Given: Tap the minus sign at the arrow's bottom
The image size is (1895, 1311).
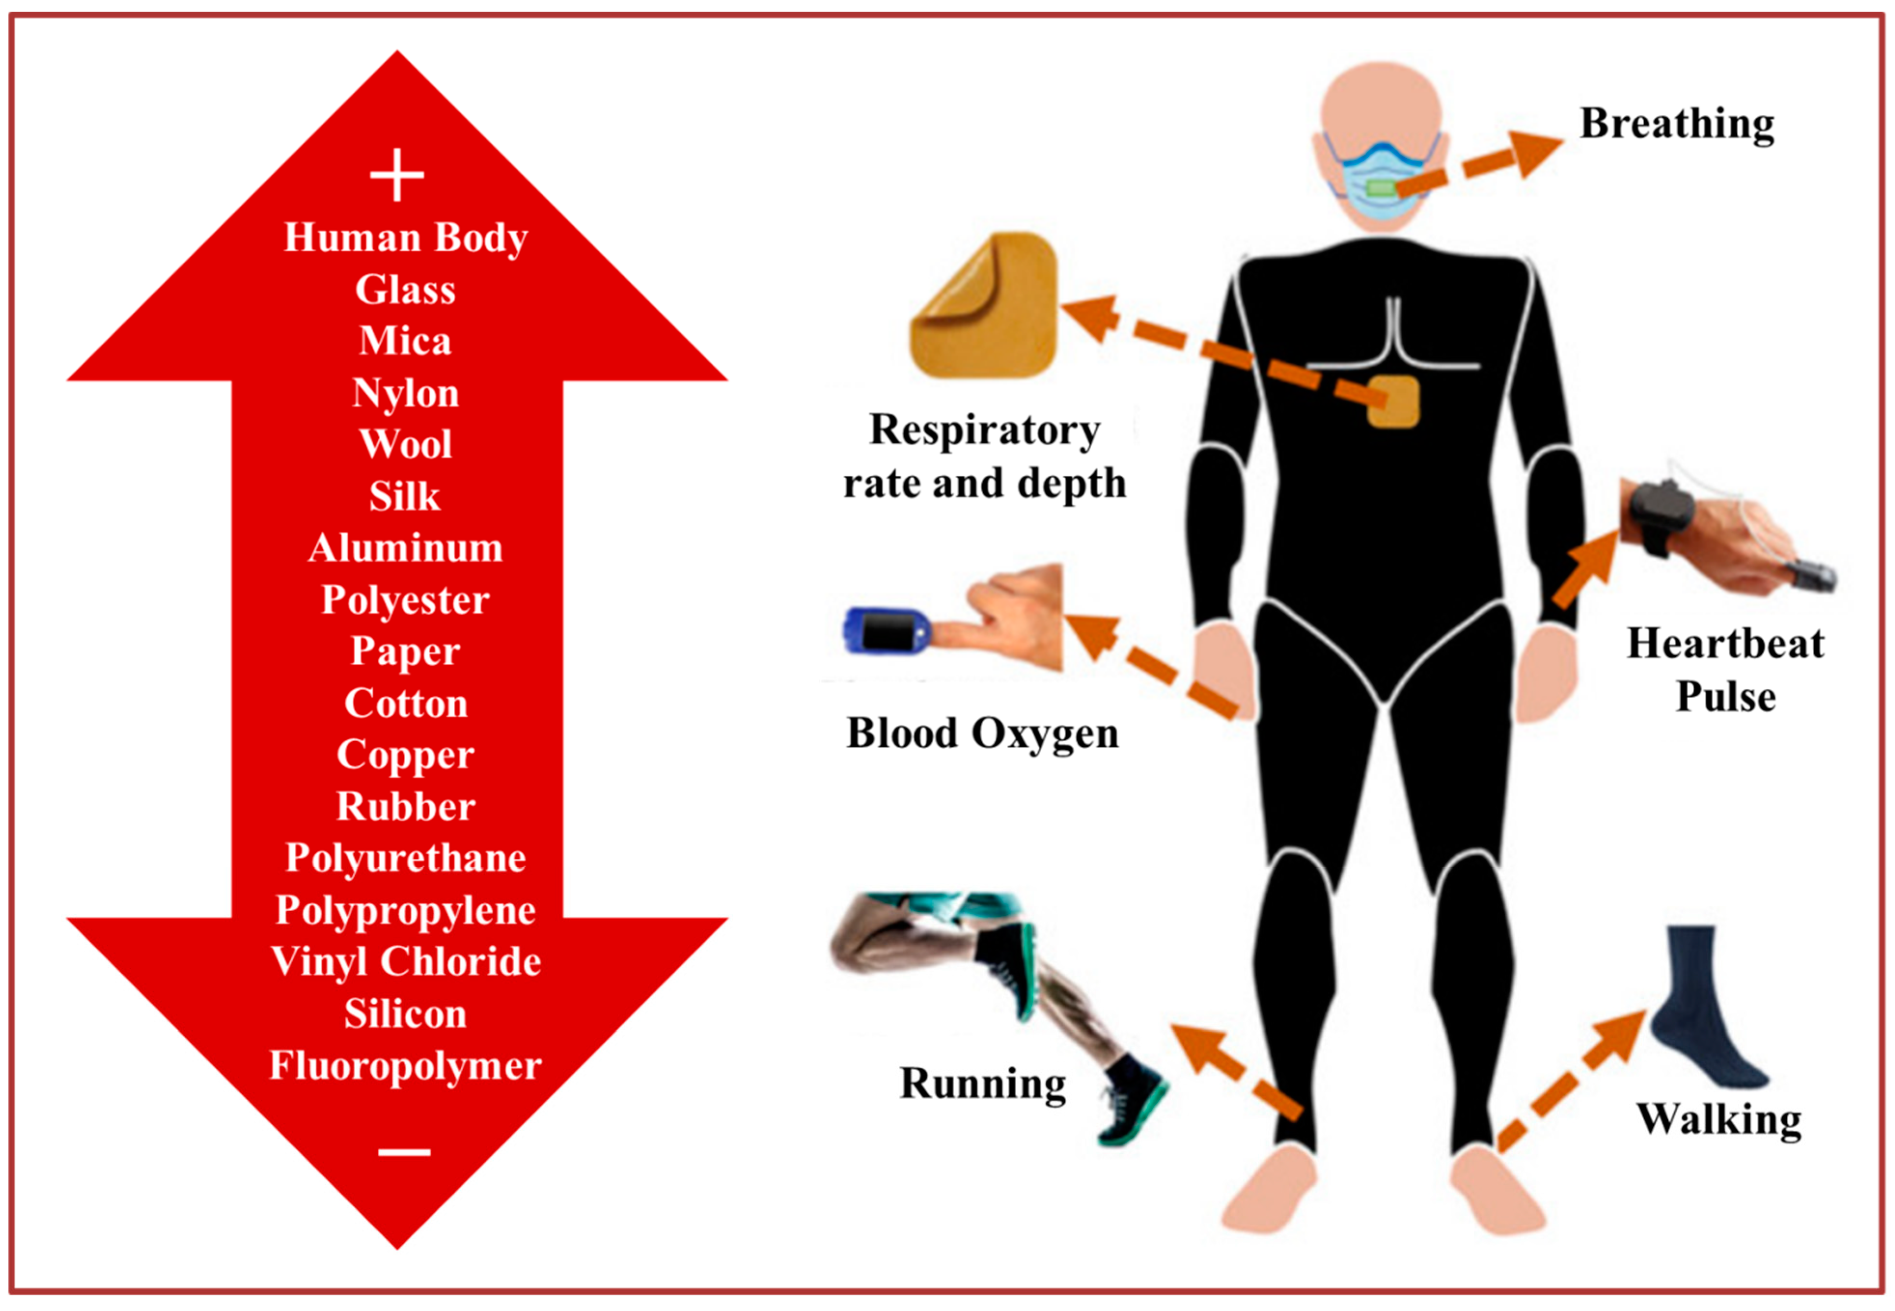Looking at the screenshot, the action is click(404, 1152).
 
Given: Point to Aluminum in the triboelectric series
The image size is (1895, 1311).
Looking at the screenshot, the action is click(405, 548).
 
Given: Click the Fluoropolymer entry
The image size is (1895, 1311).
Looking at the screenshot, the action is click(405, 1065).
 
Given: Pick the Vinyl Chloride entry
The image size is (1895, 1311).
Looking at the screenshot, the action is click(405, 962).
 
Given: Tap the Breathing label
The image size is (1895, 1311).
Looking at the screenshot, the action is click(1676, 125).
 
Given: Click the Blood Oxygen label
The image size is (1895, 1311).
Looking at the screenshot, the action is click(982, 733).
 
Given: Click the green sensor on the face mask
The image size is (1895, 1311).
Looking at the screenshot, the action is click(1382, 189).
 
